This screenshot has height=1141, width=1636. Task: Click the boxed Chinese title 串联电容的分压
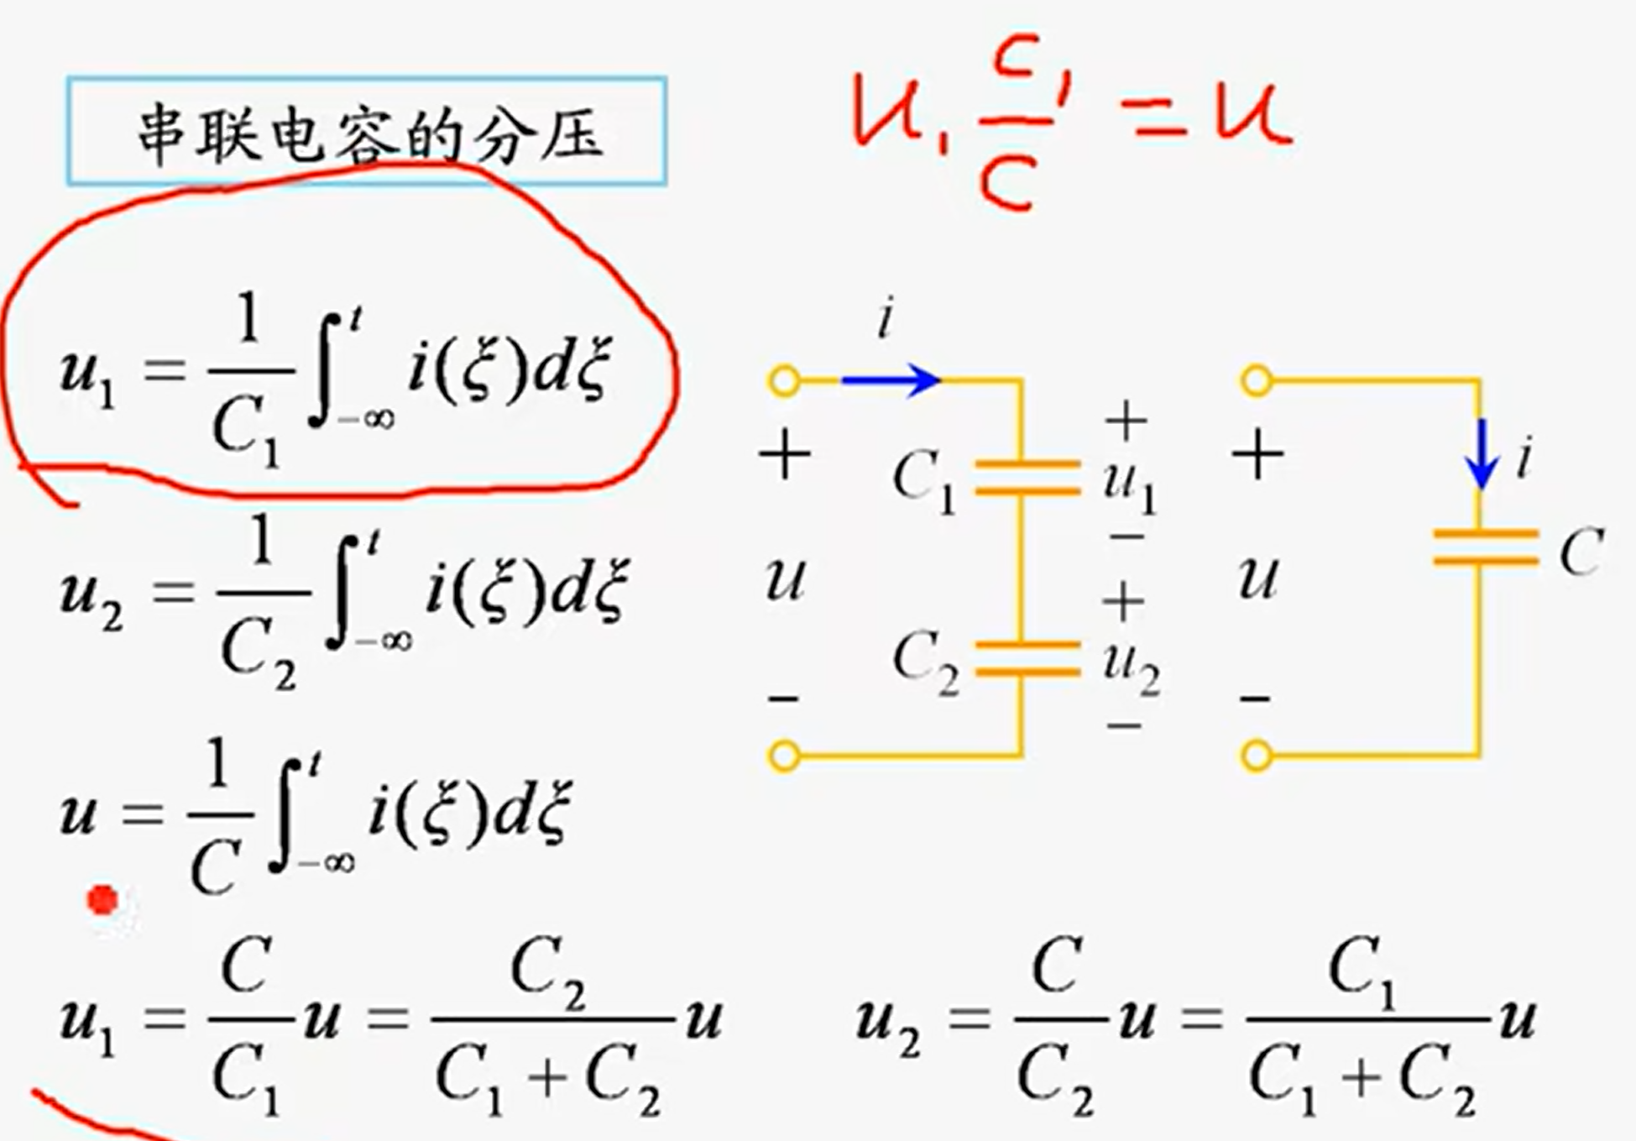pos(367,131)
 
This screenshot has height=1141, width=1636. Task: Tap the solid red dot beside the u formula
pos(104,900)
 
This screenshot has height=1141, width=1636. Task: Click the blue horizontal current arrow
pos(890,380)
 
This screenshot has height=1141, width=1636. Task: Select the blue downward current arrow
pos(1482,453)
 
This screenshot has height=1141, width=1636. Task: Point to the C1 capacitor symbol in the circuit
pos(1026,476)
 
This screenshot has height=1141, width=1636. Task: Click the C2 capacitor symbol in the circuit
pos(1026,658)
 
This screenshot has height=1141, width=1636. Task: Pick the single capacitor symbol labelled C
pos(1484,546)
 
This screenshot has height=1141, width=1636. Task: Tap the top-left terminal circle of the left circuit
pos(784,380)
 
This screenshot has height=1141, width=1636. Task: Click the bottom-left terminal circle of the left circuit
pos(784,756)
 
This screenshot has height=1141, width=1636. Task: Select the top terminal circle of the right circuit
pos(1257,380)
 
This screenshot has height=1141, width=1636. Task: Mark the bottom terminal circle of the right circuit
pos(1257,756)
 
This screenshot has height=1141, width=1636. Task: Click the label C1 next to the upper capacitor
pos(924,480)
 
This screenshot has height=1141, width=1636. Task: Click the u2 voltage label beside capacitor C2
pos(1132,668)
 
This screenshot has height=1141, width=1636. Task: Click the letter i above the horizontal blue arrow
pos(885,320)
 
